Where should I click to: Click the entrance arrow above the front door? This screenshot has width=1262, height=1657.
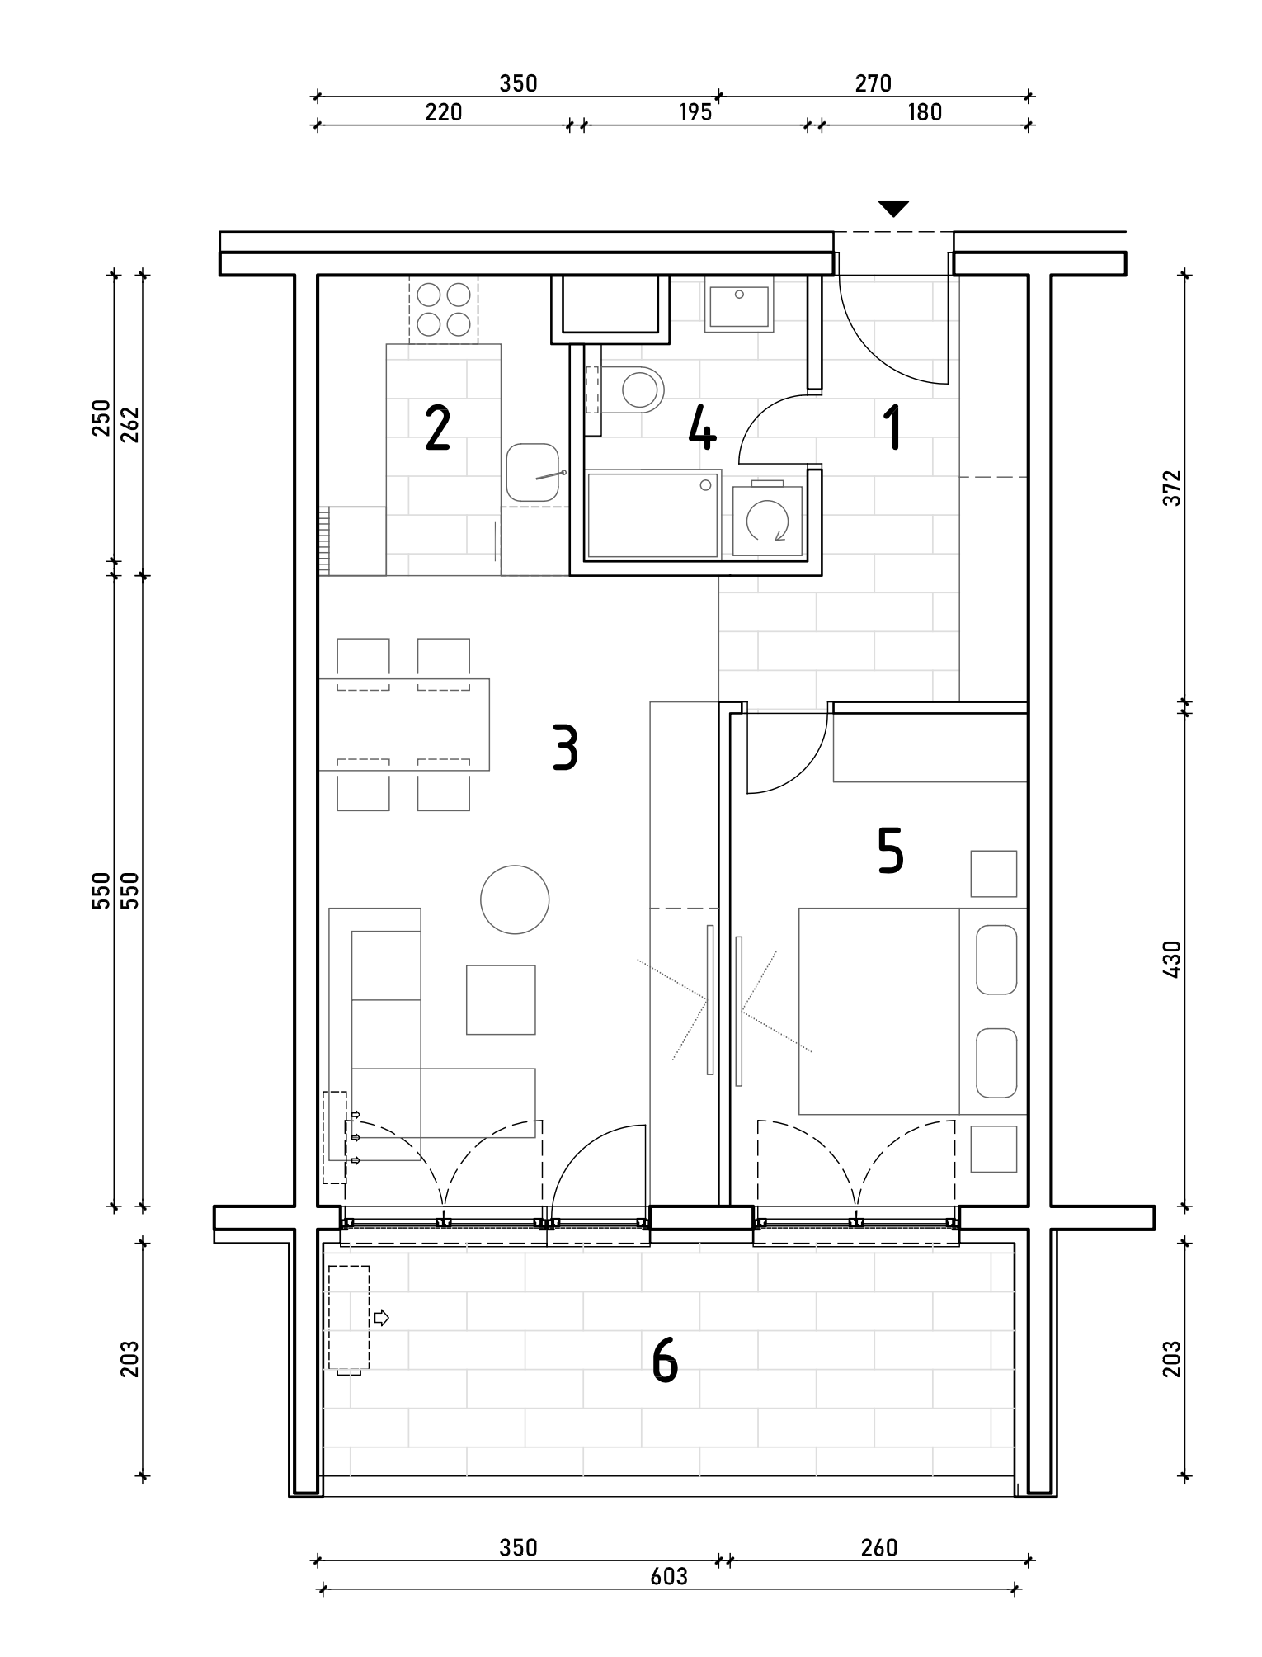click(x=893, y=209)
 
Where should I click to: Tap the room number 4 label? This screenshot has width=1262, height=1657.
click(x=702, y=429)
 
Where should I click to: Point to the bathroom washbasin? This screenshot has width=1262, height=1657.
click(x=739, y=305)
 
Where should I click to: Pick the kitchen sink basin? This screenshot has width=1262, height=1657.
click(x=533, y=472)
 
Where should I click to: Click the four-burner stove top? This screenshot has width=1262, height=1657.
click(x=444, y=309)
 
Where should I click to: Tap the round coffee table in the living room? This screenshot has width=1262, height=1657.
click(x=515, y=899)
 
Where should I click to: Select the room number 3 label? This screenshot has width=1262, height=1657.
click(x=565, y=748)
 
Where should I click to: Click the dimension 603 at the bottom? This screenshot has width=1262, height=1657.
click(x=669, y=1576)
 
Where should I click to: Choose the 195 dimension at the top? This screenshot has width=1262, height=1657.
click(x=695, y=112)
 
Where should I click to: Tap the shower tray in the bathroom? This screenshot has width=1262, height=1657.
click(x=652, y=514)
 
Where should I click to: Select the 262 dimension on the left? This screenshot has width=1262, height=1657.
click(x=130, y=424)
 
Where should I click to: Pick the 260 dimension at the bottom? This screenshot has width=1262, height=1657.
click(x=878, y=1547)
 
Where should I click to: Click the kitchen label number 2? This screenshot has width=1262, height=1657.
click(x=437, y=429)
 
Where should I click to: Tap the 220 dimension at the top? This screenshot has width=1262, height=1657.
click(x=443, y=112)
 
